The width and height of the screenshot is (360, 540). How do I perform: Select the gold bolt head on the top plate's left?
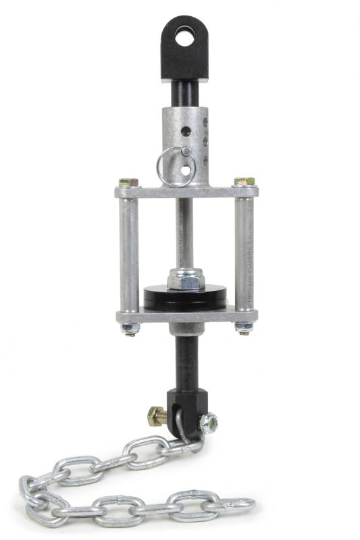point(128,182)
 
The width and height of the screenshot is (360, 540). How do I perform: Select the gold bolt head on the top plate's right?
point(245,182)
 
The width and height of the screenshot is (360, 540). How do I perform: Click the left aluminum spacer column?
point(130,253)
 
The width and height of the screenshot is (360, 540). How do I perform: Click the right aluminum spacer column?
point(244,253)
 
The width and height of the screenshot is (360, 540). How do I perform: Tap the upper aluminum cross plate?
point(186,192)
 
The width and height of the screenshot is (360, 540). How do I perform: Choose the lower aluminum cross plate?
point(186,315)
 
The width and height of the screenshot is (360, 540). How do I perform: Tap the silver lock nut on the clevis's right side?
point(209,422)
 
